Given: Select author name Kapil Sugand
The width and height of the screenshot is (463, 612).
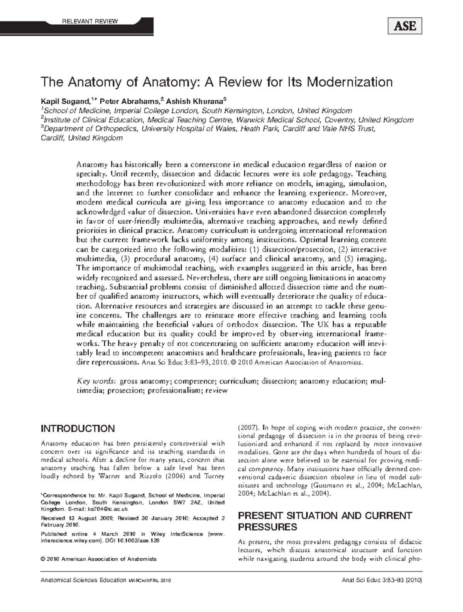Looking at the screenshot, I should pyautogui.click(x=64, y=102).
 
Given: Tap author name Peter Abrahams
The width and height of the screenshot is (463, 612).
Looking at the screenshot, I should pyautogui.click(x=129, y=102).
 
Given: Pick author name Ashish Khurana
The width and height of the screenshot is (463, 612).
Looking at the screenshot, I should pyautogui.click(x=196, y=102).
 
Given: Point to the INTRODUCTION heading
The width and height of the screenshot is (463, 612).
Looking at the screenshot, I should pyautogui.click(x=78, y=429).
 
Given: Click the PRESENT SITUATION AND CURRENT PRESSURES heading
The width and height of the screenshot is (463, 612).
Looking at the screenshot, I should pyautogui.click(x=325, y=521).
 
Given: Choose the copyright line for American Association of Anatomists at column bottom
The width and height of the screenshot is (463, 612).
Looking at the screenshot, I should pyautogui.click(x=99, y=559).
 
